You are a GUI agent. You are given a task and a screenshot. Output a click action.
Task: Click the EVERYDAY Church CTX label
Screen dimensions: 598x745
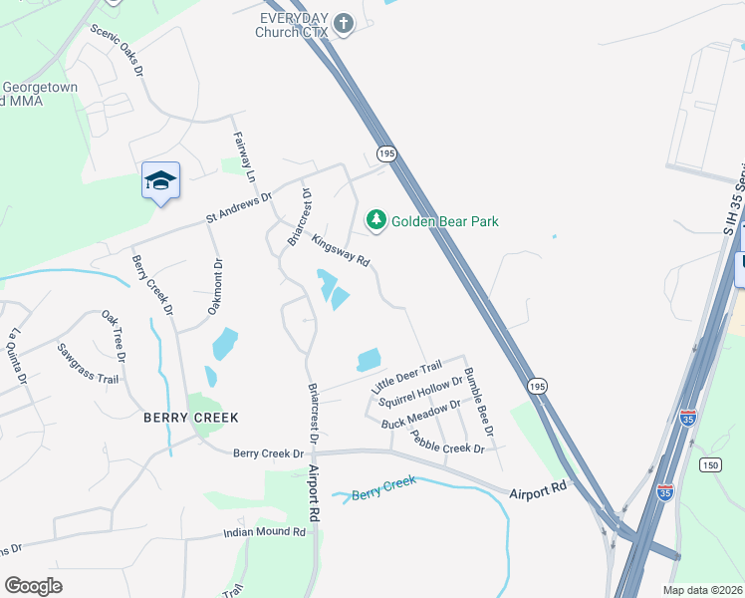click(x=294, y=25)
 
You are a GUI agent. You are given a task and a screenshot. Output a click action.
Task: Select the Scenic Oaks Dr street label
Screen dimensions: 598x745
click(x=118, y=51)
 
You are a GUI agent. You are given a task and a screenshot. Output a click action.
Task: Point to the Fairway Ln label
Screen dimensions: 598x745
click(x=245, y=156)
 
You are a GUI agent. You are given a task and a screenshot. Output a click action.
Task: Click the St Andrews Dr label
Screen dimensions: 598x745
click(x=239, y=205)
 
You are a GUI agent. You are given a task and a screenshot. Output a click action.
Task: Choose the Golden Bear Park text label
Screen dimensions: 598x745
click(x=444, y=221)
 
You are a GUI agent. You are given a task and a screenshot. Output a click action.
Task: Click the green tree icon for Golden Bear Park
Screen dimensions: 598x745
click(x=375, y=220)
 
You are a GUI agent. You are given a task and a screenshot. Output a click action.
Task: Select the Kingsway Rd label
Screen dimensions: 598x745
click(x=341, y=250)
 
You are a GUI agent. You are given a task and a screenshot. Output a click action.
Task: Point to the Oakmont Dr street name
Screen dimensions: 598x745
click(x=214, y=287)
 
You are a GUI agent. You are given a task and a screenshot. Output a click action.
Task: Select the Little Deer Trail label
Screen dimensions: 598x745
click(x=405, y=377)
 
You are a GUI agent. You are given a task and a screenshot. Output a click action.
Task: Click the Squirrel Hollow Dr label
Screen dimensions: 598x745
click(x=421, y=392)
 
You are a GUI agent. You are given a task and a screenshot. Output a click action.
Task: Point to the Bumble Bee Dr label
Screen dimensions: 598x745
click(x=479, y=402)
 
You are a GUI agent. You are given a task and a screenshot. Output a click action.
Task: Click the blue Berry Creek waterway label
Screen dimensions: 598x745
click(x=383, y=488)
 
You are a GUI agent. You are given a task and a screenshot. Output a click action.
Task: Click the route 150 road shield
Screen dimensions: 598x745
click(x=710, y=465)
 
